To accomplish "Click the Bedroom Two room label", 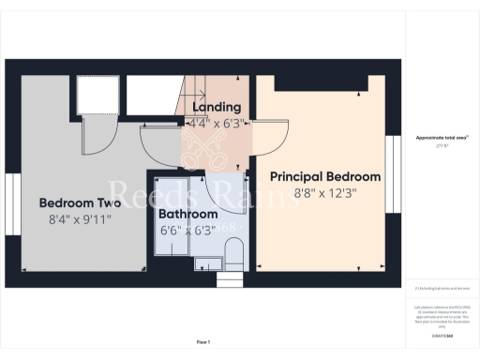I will [x=81, y=202].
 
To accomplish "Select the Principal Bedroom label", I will [x=325, y=176].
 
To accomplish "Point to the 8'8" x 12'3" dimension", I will [x=325, y=193].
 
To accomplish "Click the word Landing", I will [x=221, y=108].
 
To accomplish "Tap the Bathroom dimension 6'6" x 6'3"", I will [x=187, y=230].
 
